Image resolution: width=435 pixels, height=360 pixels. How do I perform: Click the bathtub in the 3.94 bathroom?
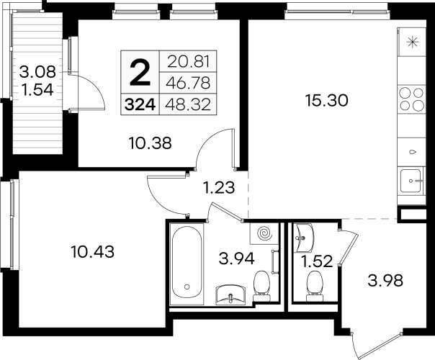click(187, 262)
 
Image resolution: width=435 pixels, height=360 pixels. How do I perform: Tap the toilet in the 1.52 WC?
click(315, 286)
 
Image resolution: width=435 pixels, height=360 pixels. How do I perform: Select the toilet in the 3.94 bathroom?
click(261, 286)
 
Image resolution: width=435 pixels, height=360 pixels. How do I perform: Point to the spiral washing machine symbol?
click(264, 234)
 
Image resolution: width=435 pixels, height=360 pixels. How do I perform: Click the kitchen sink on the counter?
click(411, 181)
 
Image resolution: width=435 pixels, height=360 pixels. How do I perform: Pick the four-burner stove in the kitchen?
click(412, 99)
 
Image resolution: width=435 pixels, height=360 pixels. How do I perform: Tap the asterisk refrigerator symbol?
click(412, 42)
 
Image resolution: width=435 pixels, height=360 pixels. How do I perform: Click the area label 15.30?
click(326, 100)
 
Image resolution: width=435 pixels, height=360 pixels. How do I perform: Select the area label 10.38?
click(150, 143)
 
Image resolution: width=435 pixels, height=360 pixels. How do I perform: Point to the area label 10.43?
click(93, 252)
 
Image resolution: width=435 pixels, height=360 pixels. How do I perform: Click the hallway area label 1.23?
click(219, 187)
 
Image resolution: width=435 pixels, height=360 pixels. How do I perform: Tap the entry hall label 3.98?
click(385, 282)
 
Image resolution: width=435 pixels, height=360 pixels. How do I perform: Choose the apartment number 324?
click(140, 105)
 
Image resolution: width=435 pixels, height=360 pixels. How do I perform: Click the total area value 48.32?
click(188, 105)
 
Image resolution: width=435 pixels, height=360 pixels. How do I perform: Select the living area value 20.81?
click(188, 62)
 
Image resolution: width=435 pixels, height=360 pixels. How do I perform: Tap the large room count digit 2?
click(140, 73)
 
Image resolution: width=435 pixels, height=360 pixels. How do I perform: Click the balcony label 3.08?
click(37, 73)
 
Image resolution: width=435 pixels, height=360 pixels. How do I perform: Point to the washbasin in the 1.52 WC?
click(303, 238)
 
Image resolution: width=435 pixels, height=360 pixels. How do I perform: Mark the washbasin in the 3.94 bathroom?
click(230, 294)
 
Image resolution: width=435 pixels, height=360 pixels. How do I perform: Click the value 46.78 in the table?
click(188, 84)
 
